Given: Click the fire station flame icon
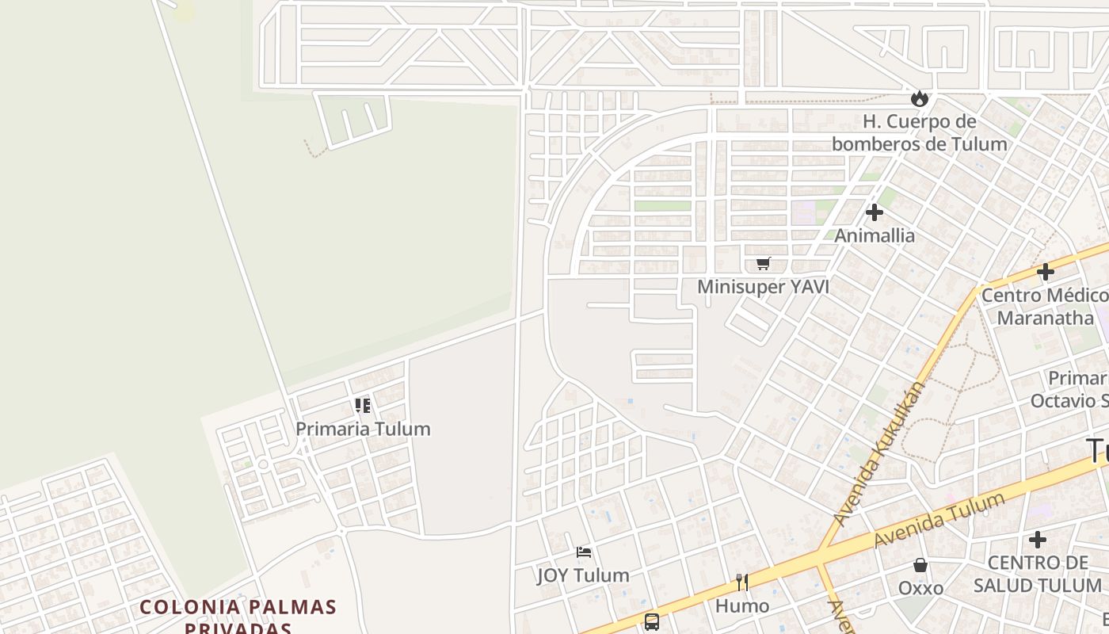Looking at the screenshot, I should [x=919, y=98].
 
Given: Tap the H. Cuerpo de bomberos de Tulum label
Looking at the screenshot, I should [x=919, y=132].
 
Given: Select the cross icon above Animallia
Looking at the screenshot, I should [x=875, y=212].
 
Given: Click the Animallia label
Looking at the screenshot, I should [x=875, y=235].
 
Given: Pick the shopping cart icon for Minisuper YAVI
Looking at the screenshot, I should [x=763, y=264].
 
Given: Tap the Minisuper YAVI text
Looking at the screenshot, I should [x=763, y=287].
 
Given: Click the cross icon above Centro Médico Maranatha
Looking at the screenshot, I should [x=1045, y=273].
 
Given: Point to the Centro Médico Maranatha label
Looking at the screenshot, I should [x=1045, y=307].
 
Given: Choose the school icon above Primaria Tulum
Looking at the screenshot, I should [x=363, y=407].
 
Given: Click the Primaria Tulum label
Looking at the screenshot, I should [x=363, y=429].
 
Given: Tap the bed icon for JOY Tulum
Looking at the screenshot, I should [x=584, y=552].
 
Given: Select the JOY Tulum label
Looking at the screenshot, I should [x=584, y=575].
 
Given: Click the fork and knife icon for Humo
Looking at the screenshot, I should [x=742, y=582].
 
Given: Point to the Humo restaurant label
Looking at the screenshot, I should [x=742, y=606].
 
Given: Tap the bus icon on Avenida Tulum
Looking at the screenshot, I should [x=651, y=622].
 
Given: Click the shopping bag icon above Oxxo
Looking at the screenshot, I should [x=920, y=565].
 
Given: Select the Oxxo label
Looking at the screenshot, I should [x=920, y=588].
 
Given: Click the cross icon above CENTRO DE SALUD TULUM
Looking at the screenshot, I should [x=1037, y=540].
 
